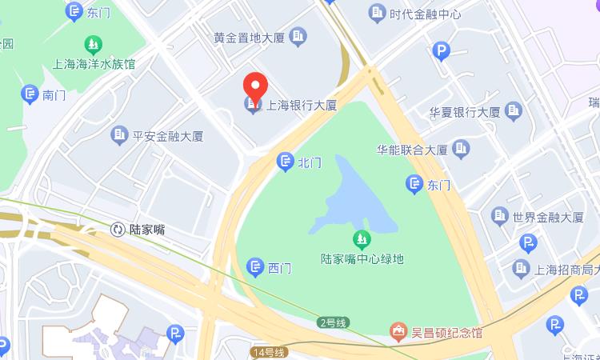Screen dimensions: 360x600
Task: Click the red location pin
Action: click(x=254, y=88)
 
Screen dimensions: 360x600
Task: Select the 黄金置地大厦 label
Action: click(x=250, y=37)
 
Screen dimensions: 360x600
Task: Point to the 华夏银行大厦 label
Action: click(x=464, y=111)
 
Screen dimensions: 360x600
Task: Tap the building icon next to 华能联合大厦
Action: click(x=461, y=149)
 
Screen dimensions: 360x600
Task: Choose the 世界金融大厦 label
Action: click(x=548, y=217)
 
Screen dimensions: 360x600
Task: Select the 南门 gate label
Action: click(x=54, y=94)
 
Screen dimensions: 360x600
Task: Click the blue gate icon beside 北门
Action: click(x=285, y=162)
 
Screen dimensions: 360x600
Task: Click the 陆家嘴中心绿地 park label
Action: click(x=362, y=259)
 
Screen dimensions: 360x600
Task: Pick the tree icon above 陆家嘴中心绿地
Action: click(x=362, y=239)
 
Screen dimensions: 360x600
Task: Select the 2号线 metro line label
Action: click(x=332, y=323)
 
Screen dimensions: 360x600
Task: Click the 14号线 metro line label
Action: click(x=267, y=352)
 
